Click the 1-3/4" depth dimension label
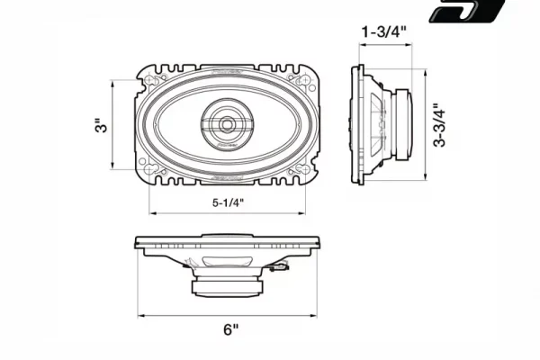383,32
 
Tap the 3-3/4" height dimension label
439,125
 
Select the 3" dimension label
102,126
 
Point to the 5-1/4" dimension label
228,202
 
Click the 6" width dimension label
230,329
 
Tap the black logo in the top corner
466,10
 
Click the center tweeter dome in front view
227,124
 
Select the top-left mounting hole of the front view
150,80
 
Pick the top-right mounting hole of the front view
304,80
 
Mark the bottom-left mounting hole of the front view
150,169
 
